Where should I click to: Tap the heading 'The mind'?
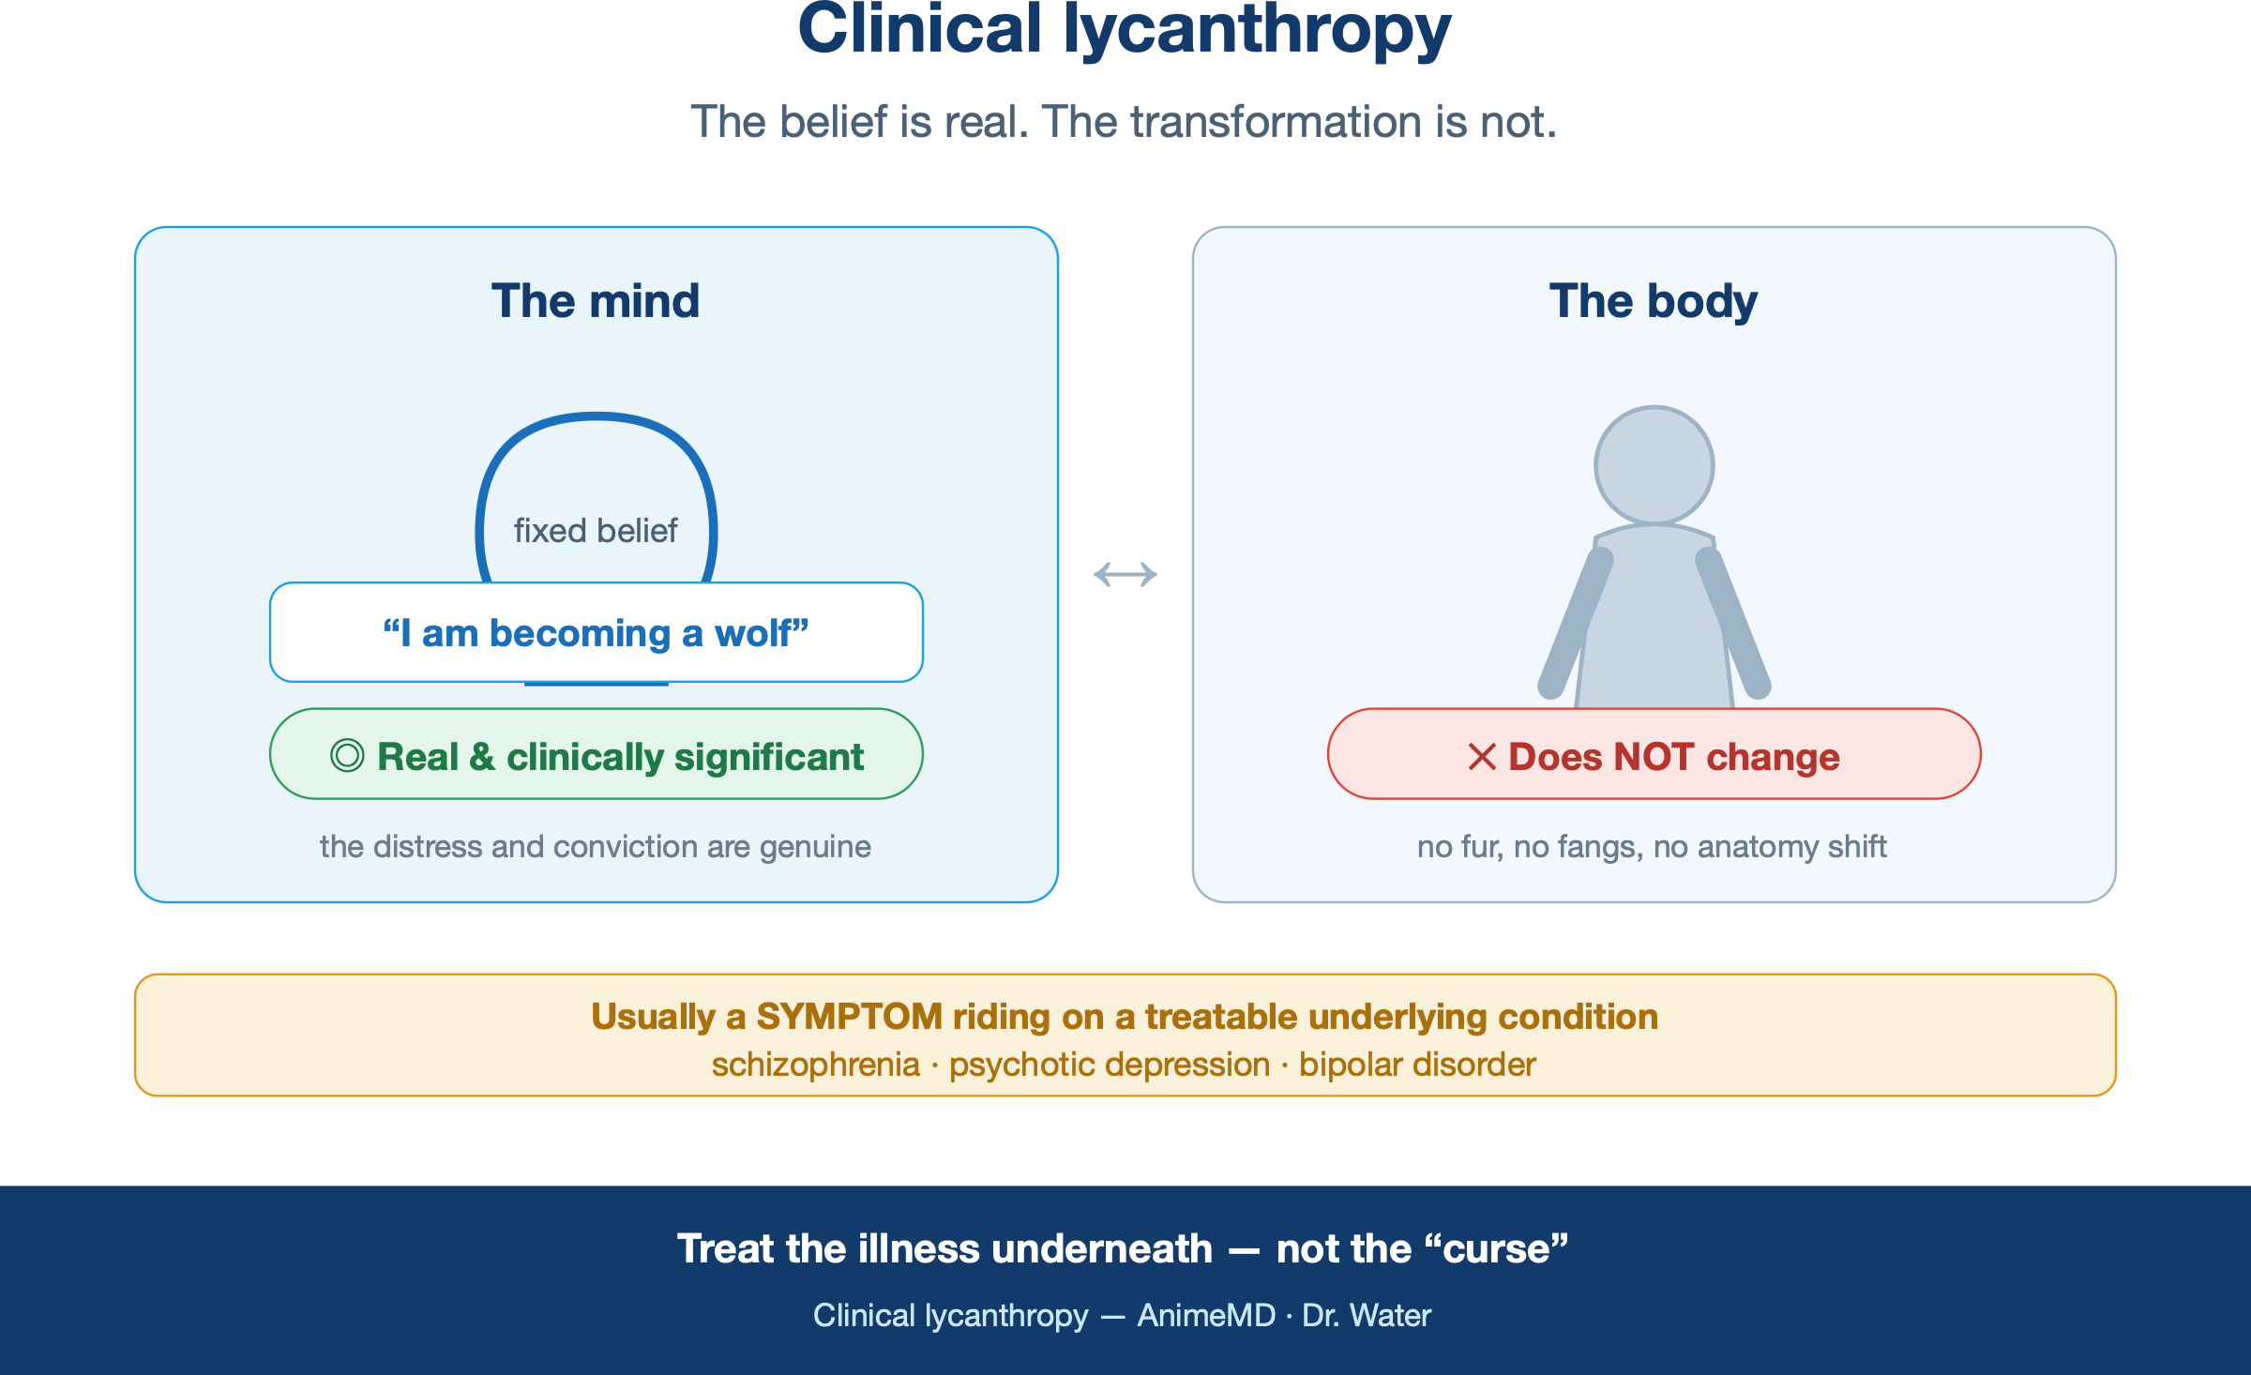596,301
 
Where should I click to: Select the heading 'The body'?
1654,302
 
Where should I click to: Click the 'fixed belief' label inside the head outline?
596,531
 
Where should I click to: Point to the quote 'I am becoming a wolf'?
596,633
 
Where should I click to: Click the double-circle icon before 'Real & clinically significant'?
347,756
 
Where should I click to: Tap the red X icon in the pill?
1482,757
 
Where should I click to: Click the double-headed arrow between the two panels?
1125,574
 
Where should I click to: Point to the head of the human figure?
1654,465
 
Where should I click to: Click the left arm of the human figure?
1576,624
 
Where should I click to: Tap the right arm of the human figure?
1733,624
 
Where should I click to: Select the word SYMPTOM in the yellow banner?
850,1017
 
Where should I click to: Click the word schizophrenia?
816,1065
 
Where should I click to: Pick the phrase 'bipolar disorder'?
1417,1065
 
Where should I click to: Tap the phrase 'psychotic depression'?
1110,1065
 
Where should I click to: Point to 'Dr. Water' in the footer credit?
1367,1316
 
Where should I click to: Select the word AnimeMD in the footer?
1206,1316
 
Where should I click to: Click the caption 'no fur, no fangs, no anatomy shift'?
1652,847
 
